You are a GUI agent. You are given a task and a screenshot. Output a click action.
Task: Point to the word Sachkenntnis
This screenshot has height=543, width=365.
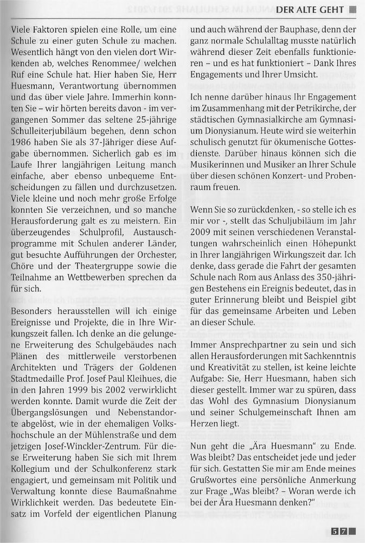coord(335,356)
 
